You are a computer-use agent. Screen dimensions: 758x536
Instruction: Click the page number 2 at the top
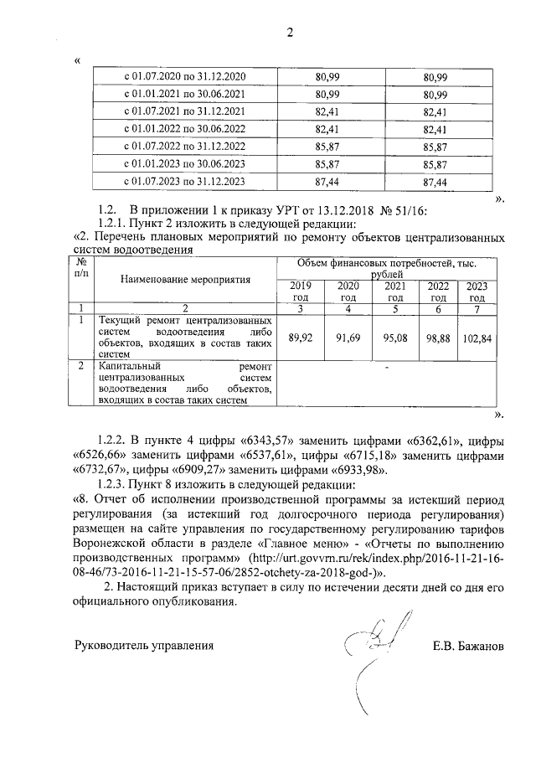(291, 34)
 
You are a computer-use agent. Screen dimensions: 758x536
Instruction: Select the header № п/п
(80, 267)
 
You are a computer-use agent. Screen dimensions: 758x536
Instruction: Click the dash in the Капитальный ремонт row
(386, 368)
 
